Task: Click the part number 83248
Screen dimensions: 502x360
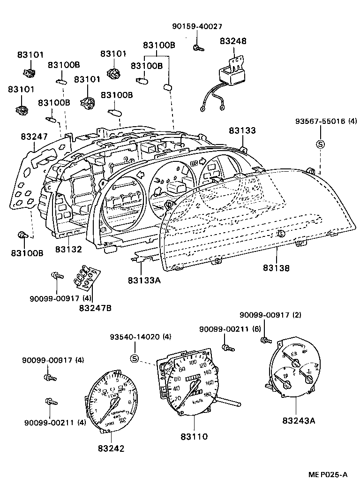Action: [x=233, y=41]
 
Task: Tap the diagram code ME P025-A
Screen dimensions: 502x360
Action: [x=328, y=474]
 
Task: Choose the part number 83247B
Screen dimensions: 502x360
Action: [x=95, y=308]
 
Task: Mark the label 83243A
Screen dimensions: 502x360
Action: [x=299, y=420]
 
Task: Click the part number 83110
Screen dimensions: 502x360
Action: [x=194, y=436]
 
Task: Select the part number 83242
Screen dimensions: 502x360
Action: [x=112, y=448]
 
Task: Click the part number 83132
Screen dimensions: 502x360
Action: [x=68, y=249]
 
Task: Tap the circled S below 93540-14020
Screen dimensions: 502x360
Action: [x=135, y=359]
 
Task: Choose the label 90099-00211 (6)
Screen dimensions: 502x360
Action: [x=230, y=329]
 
